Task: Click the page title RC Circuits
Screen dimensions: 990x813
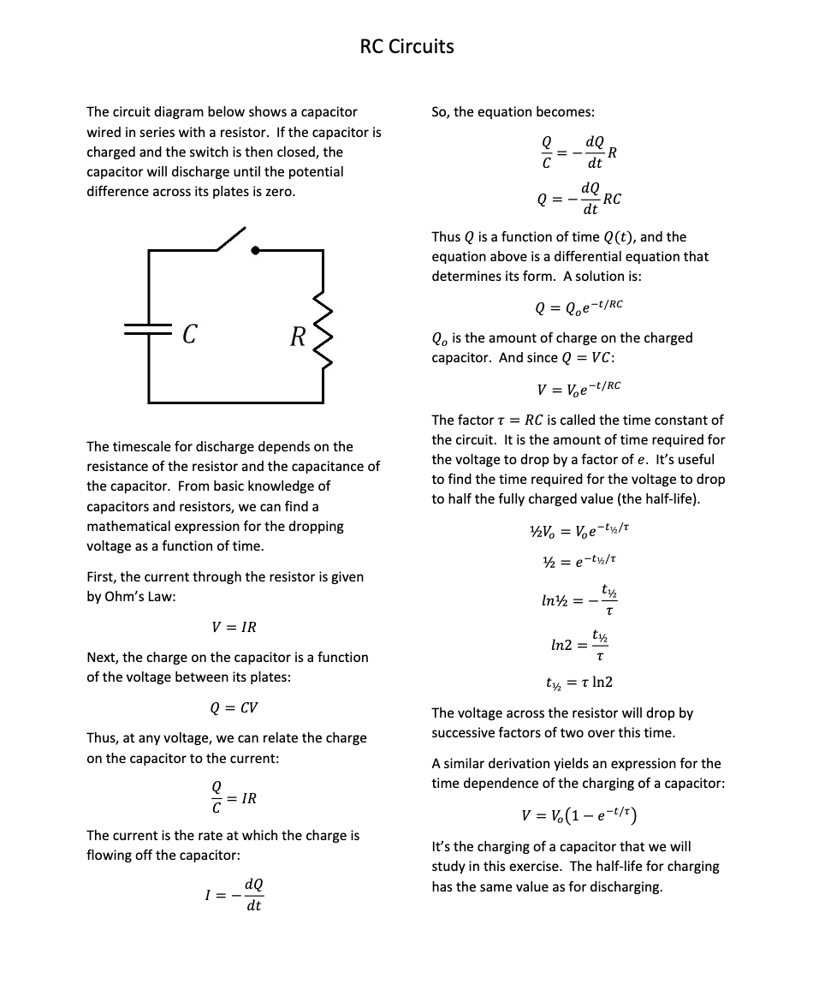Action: tap(406, 46)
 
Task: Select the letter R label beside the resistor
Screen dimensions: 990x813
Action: tap(297, 336)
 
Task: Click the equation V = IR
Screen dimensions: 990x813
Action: tap(234, 627)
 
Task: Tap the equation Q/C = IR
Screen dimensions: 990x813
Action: tap(234, 798)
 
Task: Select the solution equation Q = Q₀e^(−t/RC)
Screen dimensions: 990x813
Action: tap(579, 306)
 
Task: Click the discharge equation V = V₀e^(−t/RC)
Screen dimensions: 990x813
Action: tap(579, 389)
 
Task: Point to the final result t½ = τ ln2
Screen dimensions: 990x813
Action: tap(579, 683)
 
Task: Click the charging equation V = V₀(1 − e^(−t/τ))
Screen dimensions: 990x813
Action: tap(579, 814)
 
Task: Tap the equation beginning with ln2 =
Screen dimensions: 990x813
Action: tap(579, 647)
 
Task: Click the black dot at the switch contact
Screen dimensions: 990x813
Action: tap(254, 250)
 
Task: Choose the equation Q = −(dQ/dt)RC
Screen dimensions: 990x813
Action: tap(579, 199)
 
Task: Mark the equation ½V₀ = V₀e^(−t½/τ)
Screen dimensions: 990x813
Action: tap(579, 529)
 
